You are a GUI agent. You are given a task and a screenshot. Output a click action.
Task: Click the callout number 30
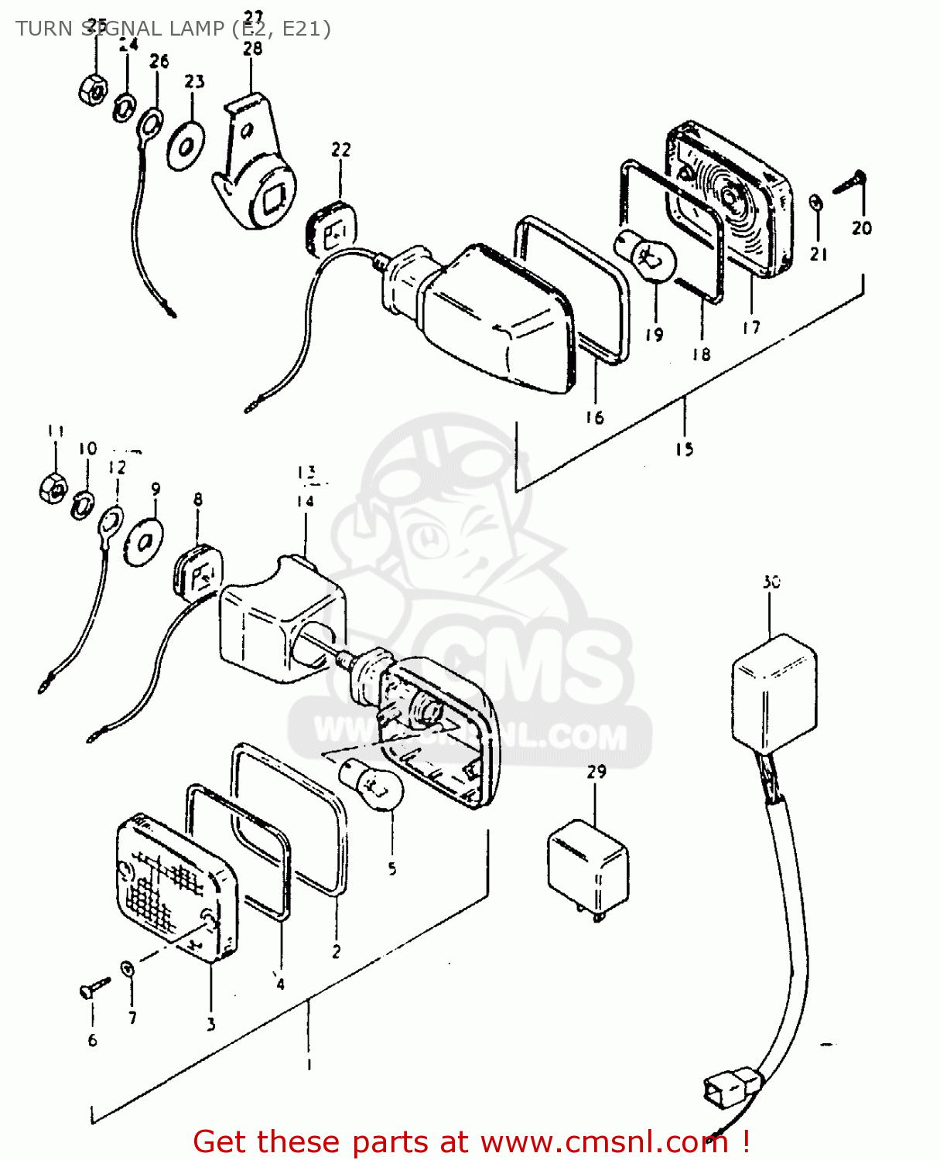[x=771, y=582]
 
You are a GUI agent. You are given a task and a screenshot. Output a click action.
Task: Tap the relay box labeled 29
[x=587, y=865]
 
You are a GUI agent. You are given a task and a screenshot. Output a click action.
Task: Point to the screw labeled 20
[x=850, y=183]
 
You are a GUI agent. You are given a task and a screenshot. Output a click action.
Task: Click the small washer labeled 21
[x=816, y=203]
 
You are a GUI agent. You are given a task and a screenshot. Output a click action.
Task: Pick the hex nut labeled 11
[x=53, y=487]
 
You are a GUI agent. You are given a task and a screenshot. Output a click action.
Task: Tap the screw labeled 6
[x=94, y=988]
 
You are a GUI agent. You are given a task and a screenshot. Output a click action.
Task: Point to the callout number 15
[x=684, y=449]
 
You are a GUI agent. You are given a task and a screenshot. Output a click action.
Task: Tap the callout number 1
[x=309, y=1064]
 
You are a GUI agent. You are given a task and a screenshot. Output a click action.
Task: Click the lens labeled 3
[x=175, y=889]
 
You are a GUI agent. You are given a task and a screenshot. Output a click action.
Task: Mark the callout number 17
[x=751, y=328]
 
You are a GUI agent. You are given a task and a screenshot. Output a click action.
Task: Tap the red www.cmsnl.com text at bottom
[x=603, y=1141]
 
